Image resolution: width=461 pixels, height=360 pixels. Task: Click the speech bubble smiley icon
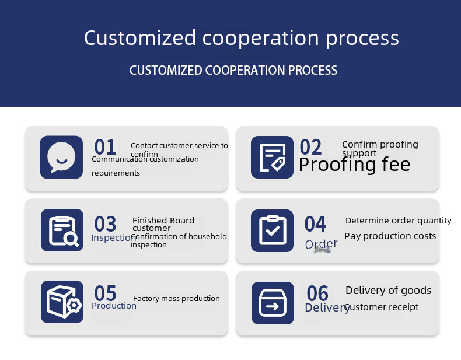coord(61,157)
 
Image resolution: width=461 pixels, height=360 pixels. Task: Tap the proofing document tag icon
coord(272,157)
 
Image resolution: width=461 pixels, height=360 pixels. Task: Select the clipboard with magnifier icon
coord(62,230)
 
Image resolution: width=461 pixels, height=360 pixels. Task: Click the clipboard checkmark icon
coord(272,230)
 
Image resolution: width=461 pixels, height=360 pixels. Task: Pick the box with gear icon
coord(62,302)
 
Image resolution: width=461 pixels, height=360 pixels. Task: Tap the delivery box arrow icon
coord(273,303)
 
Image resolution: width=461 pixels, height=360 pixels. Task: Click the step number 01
coord(105,147)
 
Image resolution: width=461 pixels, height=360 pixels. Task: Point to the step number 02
coord(310,147)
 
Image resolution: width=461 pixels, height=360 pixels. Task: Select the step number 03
coord(105,224)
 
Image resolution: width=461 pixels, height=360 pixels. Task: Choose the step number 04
coord(315,224)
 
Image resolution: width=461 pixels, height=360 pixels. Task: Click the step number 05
coord(105,293)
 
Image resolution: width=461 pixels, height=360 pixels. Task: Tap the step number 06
coord(317,293)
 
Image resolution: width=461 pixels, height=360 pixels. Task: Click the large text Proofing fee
coord(354,165)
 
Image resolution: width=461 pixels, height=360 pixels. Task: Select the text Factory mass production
coord(176,298)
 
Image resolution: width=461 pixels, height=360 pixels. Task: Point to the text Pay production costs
coord(390,236)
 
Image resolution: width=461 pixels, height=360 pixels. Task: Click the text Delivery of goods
coord(388,290)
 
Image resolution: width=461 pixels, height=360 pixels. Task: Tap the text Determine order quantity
coord(398,221)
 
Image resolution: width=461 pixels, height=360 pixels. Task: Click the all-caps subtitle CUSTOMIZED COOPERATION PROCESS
coord(233,71)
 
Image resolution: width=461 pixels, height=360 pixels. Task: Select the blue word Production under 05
coord(114,306)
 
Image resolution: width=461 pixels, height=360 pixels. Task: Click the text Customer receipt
coord(382,307)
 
